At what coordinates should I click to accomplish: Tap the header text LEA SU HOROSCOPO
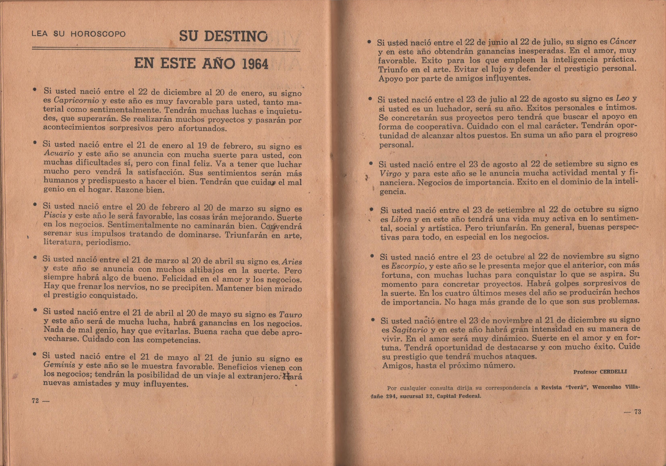(x=79, y=34)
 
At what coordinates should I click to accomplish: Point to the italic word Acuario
(x=58, y=153)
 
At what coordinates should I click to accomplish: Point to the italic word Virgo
(x=390, y=174)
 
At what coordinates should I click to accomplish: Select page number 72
(x=36, y=401)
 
